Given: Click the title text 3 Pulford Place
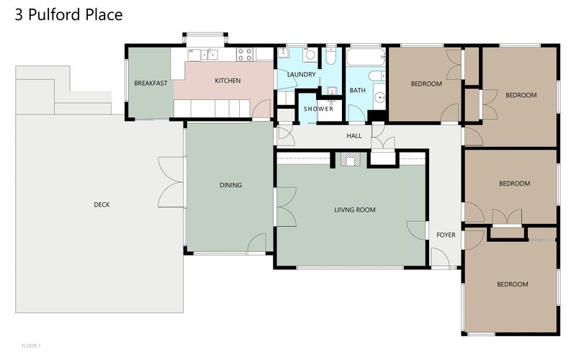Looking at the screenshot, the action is pyautogui.click(x=68, y=14).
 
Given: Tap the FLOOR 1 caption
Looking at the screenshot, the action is pyautogui.click(x=31, y=346).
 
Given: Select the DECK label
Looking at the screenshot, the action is pyautogui.click(x=102, y=204).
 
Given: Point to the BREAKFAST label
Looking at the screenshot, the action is pyautogui.click(x=150, y=84).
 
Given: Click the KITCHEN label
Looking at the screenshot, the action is pyautogui.click(x=228, y=81).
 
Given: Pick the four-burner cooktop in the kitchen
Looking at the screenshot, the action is pyautogui.click(x=244, y=55).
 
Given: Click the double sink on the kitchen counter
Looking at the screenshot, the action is pyautogui.click(x=209, y=55).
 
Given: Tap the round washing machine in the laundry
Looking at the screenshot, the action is pyautogui.click(x=310, y=55).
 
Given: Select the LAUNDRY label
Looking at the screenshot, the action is pyautogui.click(x=302, y=75).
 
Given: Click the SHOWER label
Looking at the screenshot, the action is pyautogui.click(x=318, y=109).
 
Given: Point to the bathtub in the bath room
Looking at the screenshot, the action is pyautogui.click(x=366, y=57).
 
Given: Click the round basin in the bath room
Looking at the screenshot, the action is pyautogui.click(x=379, y=97).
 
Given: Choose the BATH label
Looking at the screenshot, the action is pyautogui.click(x=357, y=91).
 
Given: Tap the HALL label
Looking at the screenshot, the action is pyautogui.click(x=354, y=136).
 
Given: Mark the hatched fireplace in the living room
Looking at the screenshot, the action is pyautogui.click(x=350, y=160).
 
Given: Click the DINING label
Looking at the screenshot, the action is pyautogui.click(x=230, y=185).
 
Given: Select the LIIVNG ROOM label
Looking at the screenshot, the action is pyautogui.click(x=355, y=210).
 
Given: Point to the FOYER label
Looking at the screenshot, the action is pyautogui.click(x=446, y=235).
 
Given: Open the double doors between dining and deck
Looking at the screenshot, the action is pyautogui.click(x=171, y=182).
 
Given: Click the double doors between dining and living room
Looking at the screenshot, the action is pyautogui.click(x=286, y=207).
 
